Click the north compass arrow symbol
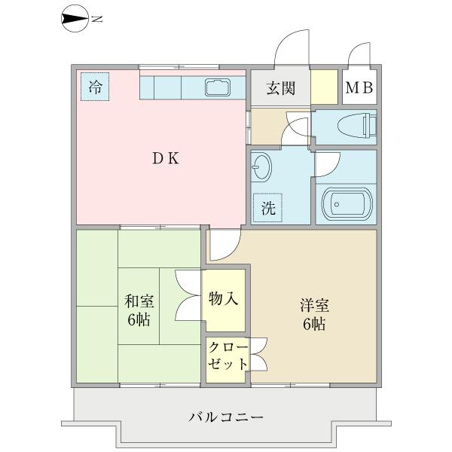point(73,19)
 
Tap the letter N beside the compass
point(96,20)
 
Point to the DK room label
point(166,158)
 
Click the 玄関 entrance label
point(279,88)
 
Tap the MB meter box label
point(359,88)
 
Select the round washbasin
point(261,166)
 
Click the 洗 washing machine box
point(268,208)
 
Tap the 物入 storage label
point(224,299)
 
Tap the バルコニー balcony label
point(226,417)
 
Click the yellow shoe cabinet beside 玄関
point(324,87)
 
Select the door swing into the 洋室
point(223,243)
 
